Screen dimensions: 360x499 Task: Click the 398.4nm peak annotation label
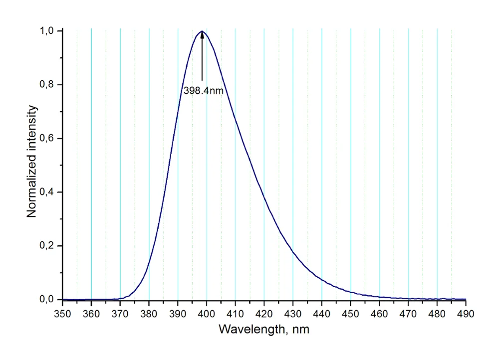coord(203,91)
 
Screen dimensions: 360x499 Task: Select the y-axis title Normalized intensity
coord(32,161)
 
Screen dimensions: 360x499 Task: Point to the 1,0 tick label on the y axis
coord(48,31)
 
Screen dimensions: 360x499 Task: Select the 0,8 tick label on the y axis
coord(48,85)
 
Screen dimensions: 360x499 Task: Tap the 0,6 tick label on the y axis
coord(48,139)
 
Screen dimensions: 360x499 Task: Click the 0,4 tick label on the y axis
coord(48,192)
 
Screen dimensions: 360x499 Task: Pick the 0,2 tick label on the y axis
coord(48,246)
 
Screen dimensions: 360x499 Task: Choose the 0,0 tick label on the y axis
coord(48,300)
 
